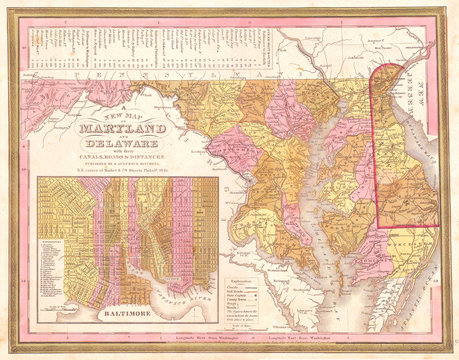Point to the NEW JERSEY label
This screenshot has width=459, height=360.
420,84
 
